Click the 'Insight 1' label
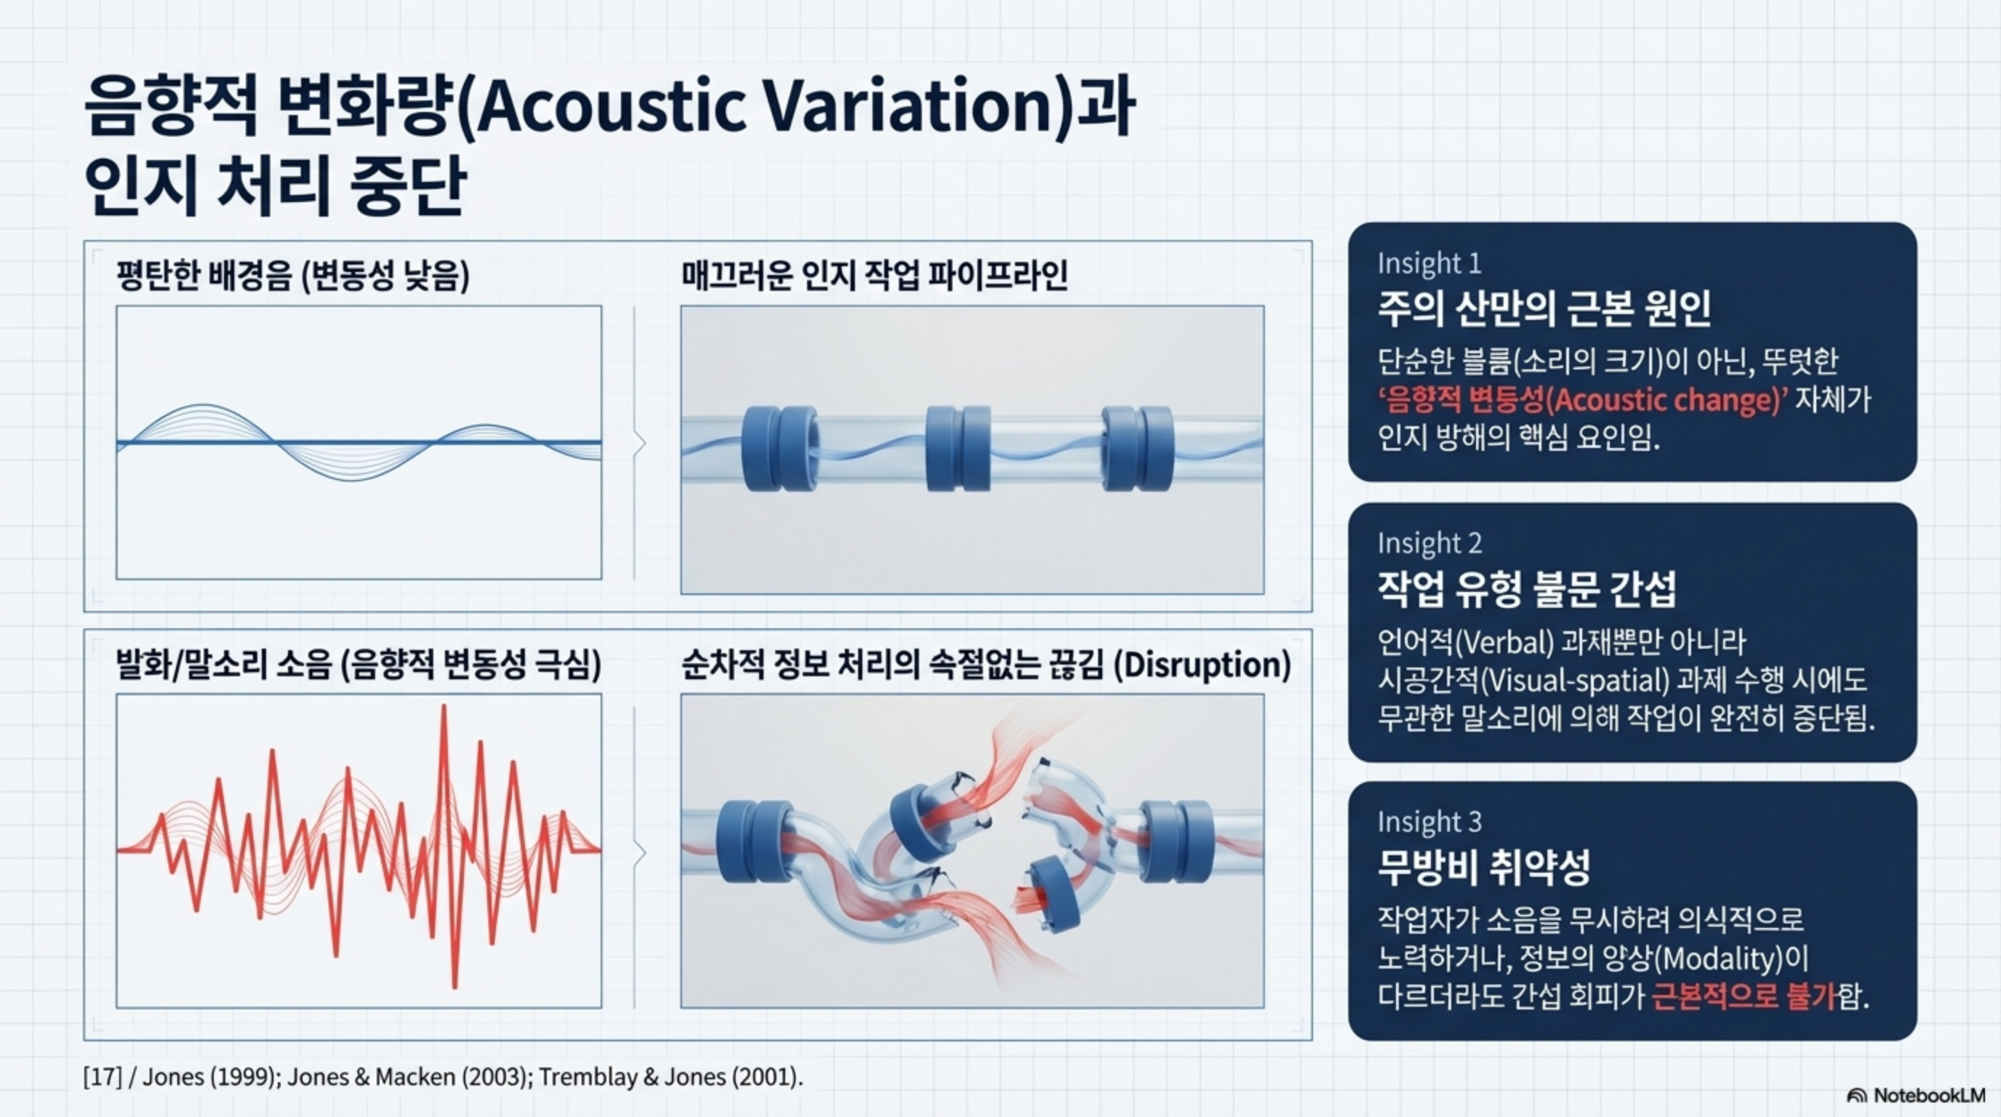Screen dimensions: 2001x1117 (x=1429, y=263)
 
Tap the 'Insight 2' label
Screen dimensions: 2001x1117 (x=1429, y=543)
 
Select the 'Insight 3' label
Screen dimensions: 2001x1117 (x=1429, y=821)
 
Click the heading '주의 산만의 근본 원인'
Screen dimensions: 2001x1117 (x=1544, y=309)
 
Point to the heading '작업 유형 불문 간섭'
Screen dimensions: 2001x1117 (x=1526, y=589)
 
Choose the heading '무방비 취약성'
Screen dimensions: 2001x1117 (x=1483, y=868)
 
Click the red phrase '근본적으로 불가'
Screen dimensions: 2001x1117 (x=1744, y=996)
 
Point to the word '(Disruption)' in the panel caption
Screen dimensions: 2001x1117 (x=1202, y=665)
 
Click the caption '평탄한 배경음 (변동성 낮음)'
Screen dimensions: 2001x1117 (x=293, y=276)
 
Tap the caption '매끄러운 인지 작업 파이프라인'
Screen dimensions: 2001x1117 (x=875, y=276)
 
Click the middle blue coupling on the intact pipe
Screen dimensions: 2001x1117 (x=958, y=449)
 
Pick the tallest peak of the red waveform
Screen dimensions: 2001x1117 (x=444, y=706)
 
